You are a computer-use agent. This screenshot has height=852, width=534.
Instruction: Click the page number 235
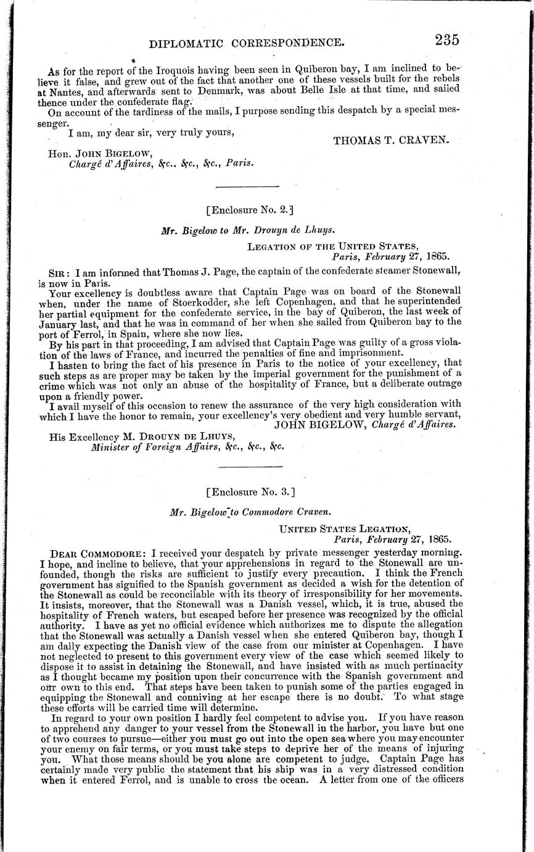coord(446,40)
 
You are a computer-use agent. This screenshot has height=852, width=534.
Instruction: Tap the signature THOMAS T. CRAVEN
coord(392,140)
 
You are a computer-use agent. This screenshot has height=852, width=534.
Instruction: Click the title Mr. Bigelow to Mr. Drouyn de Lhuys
coord(248,230)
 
